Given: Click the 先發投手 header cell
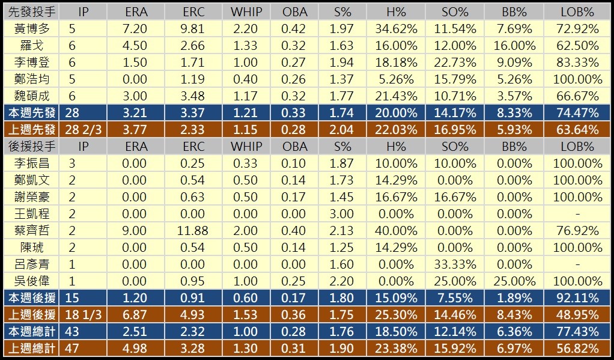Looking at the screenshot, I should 31,11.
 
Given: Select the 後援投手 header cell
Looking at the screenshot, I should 31,146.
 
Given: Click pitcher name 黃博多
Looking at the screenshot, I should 31,28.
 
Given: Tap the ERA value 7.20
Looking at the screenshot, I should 136,28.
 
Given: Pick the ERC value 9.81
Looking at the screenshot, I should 193,28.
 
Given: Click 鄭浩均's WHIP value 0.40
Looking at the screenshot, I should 245,79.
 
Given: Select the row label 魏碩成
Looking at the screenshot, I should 31,96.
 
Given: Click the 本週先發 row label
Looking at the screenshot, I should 31,112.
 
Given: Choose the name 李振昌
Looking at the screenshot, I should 31,163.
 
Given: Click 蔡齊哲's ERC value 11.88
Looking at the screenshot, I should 193,230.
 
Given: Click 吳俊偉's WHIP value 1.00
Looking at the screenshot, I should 245,281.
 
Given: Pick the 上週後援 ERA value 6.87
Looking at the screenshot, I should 136,314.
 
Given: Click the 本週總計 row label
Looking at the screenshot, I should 31,331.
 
